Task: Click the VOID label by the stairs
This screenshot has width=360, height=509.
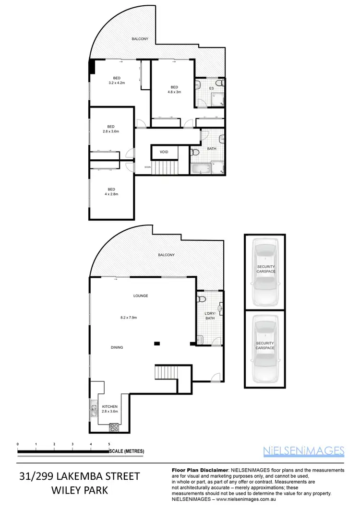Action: (x=164, y=152)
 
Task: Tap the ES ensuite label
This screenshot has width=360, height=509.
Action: (x=211, y=89)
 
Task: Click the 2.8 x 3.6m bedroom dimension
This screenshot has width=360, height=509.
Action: (x=111, y=131)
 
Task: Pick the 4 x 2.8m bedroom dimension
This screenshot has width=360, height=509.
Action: (x=111, y=194)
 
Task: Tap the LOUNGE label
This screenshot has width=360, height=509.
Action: (x=141, y=296)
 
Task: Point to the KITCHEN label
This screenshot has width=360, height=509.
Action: (x=110, y=406)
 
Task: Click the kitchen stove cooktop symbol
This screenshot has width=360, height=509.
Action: (x=115, y=426)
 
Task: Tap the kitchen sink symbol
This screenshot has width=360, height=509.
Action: (x=93, y=411)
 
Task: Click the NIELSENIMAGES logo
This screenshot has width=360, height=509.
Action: (x=304, y=450)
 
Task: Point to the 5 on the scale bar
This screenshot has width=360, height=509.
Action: (x=109, y=445)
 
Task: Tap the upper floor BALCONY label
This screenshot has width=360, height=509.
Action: (x=140, y=39)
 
